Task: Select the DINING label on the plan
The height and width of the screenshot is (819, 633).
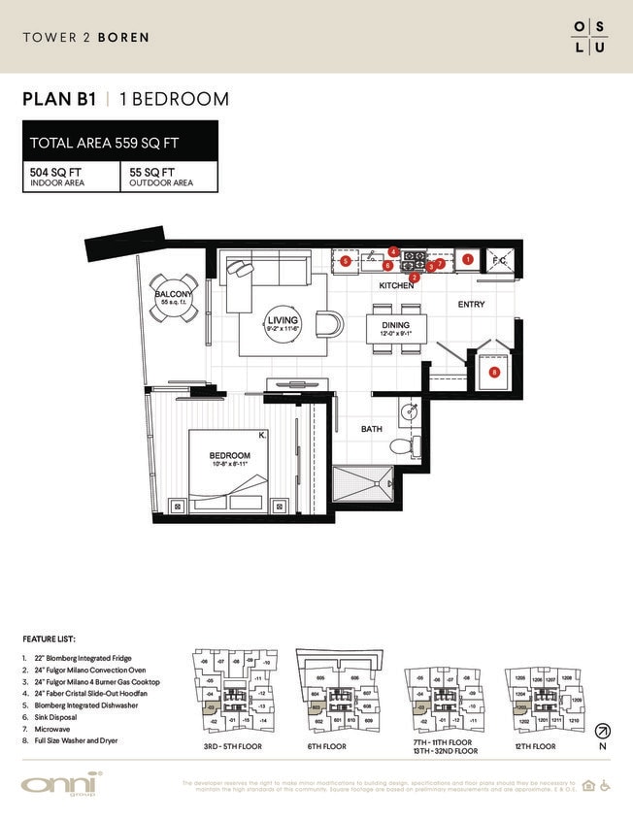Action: click(394, 325)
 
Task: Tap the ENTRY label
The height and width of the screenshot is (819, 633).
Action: click(472, 305)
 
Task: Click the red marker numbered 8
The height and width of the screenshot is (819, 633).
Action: click(493, 372)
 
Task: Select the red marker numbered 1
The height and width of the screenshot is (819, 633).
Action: click(467, 259)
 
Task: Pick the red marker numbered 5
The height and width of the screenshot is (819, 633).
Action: click(345, 260)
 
